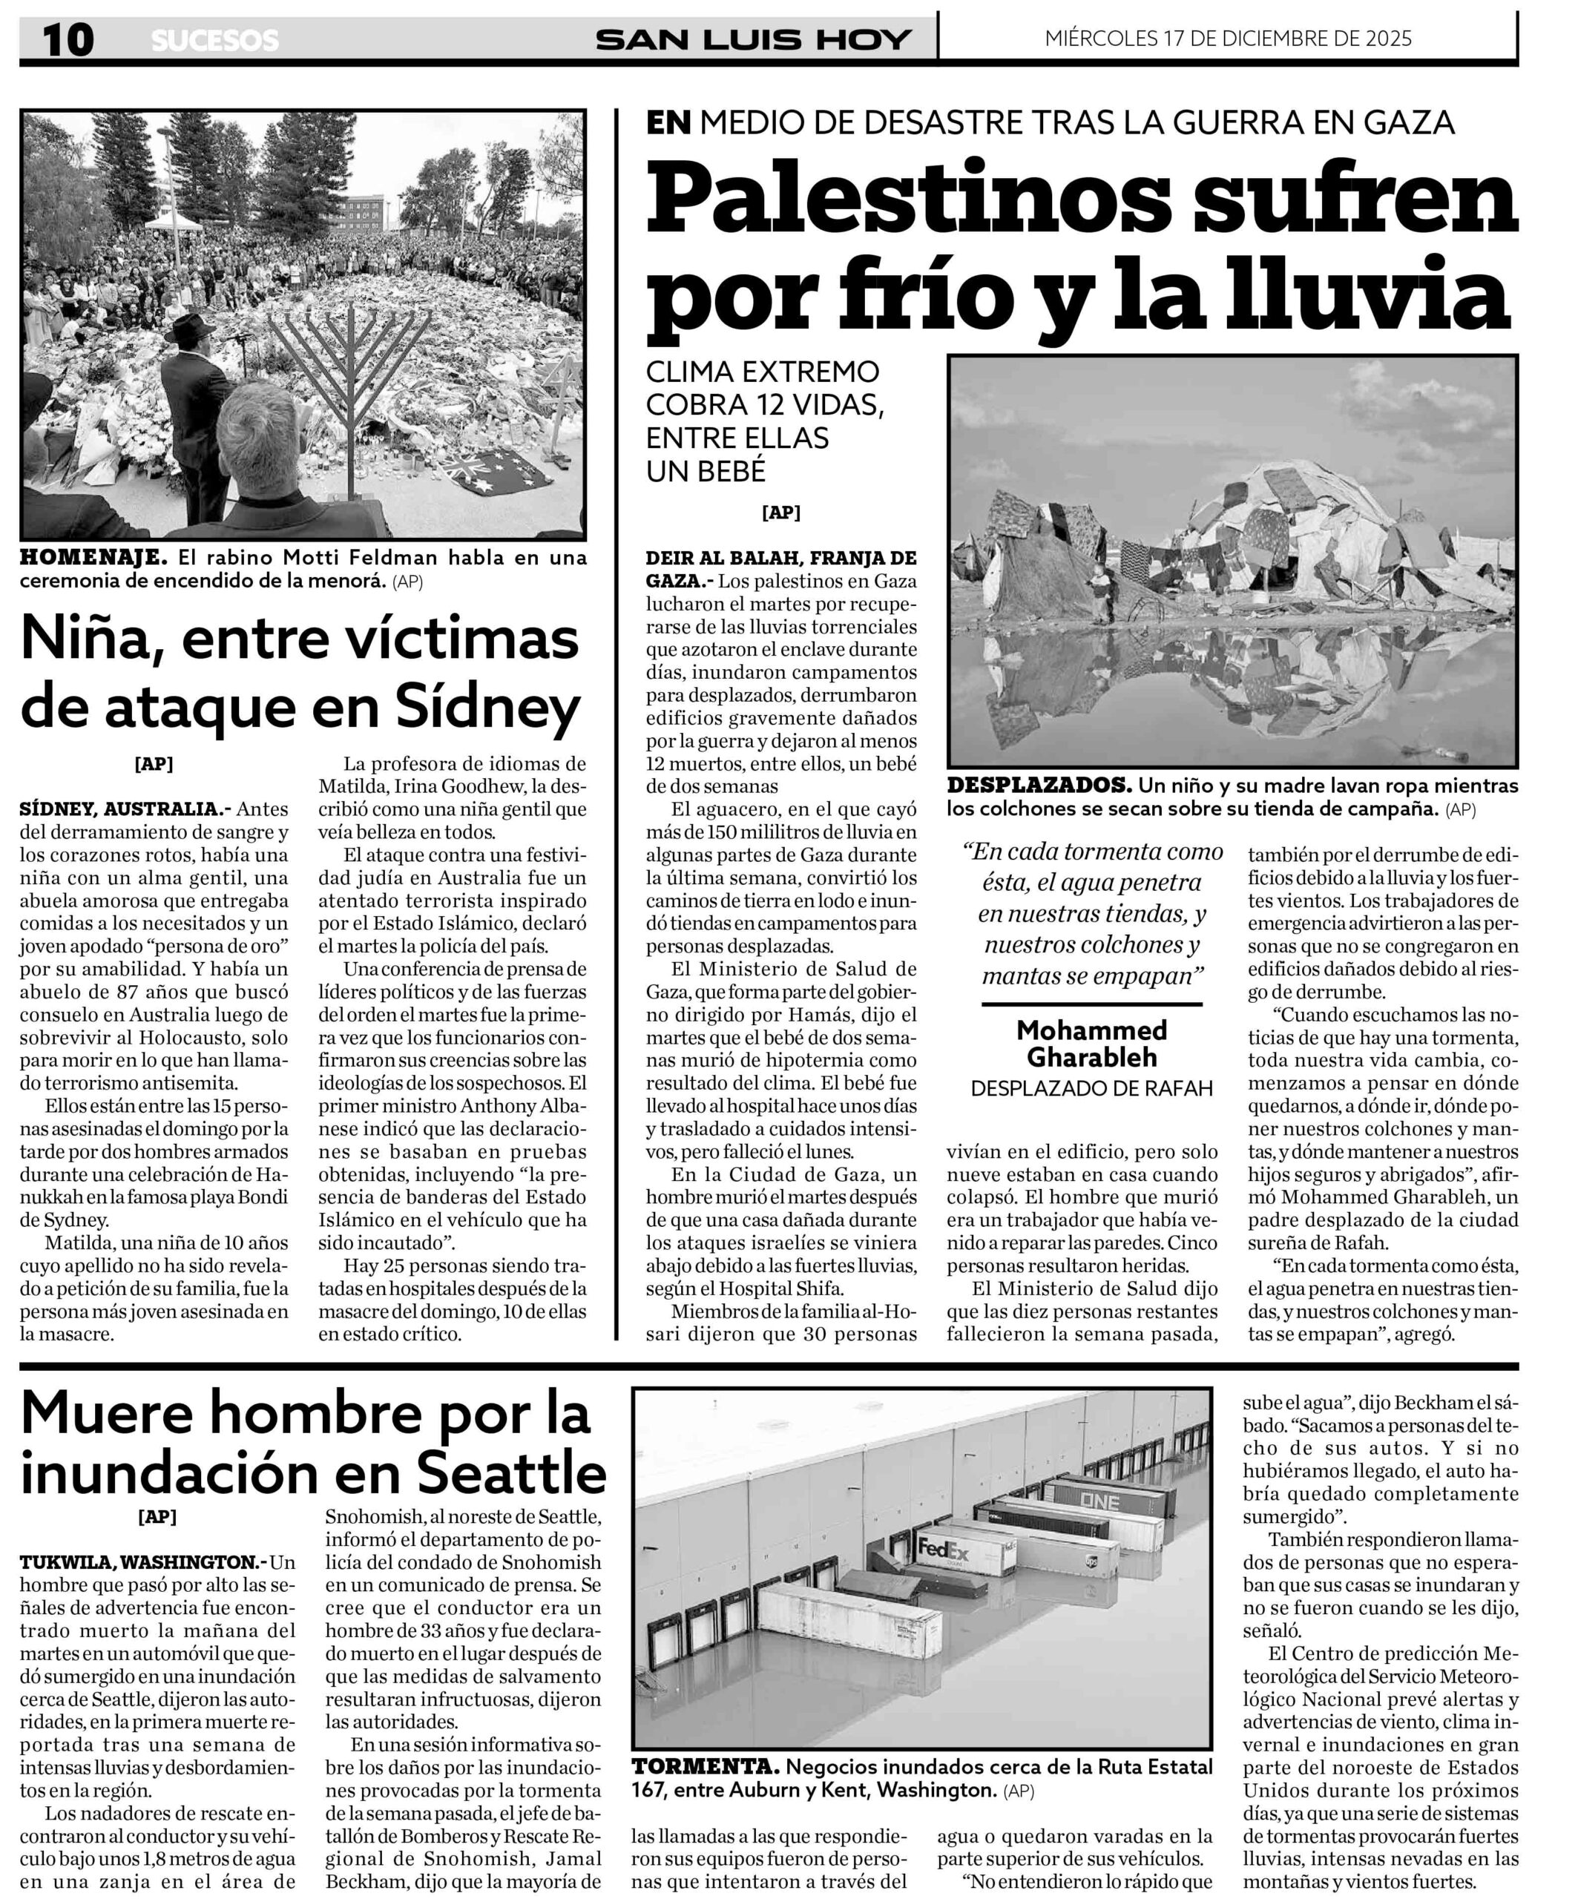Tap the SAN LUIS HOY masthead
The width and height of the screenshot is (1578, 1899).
pos(753,40)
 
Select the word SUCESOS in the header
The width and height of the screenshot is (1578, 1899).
pos(215,41)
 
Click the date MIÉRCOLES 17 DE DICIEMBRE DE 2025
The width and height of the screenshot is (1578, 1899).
pos(1228,39)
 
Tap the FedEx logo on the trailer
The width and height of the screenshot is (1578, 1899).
pos(943,1549)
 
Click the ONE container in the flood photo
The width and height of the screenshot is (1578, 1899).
pos(1099,1502)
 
